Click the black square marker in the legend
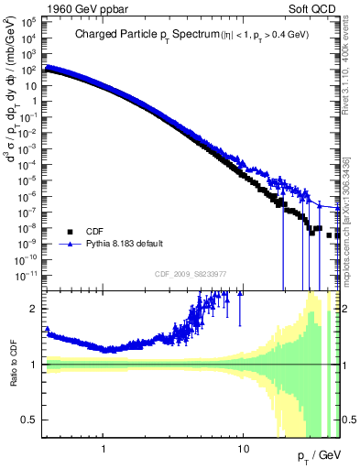click(70, 232)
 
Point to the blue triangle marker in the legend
click(70, 245)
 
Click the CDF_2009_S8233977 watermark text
click(191, 272)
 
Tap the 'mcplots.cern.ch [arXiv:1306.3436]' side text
click(350, 211)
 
